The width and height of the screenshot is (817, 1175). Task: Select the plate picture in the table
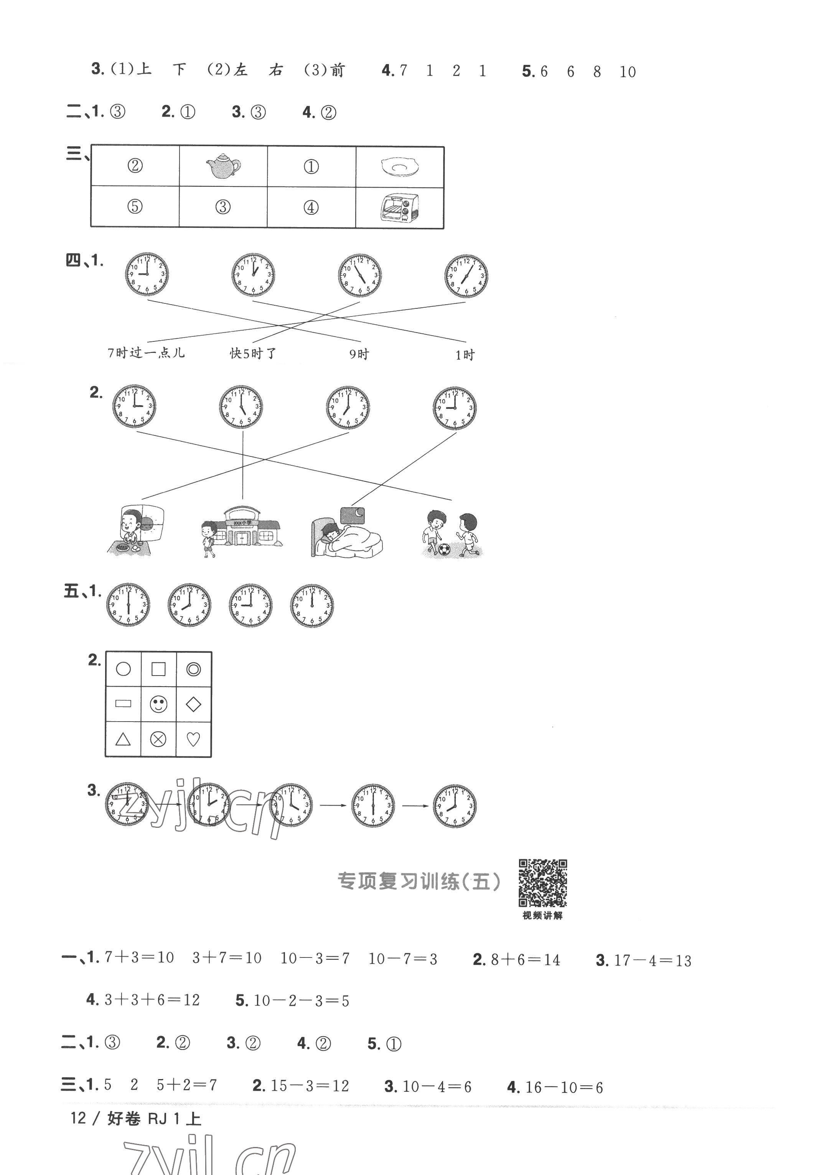pos(400,167)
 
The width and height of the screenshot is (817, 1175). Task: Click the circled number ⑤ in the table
pos(135,207)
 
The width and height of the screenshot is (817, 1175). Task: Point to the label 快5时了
pos(253,353)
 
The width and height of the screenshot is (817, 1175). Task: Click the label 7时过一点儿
pos(146,353)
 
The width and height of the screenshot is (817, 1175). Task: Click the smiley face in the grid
pos(158,704)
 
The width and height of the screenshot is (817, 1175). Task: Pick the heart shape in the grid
pos(193,739)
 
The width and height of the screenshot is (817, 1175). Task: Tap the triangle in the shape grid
pos(123,739)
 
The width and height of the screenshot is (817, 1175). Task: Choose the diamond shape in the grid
pos(193,704)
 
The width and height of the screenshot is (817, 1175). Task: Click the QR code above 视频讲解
pos(543,882)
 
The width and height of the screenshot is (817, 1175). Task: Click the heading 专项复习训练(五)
pos(418,881)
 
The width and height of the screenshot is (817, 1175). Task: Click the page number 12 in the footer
pos(78,1118)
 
